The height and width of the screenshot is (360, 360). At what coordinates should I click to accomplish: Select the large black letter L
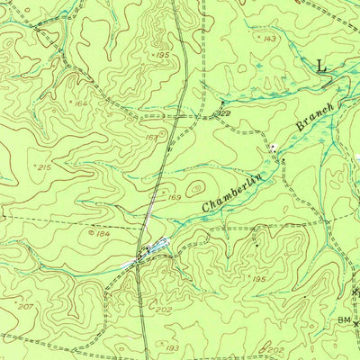pyautogui.click(x=324, y=64)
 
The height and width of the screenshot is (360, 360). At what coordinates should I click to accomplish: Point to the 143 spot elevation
pyautogui.click(x=268, y=40)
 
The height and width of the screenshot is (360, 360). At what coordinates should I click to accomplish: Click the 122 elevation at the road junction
pyautogui.click(x=222, y=113)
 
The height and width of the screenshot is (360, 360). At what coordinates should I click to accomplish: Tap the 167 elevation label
pyautogui.click(x=151, y=138)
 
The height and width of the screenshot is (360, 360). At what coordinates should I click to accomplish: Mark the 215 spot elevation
pyautogui.click(x=41, y=167)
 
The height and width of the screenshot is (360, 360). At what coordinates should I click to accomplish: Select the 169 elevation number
pyautogui.click(x=174, y=196)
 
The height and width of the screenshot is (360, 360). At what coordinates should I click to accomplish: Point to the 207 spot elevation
pyautogui.click(x=23, y=308)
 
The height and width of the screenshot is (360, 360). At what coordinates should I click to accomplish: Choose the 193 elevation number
pyautogui.click(x=173, y=346)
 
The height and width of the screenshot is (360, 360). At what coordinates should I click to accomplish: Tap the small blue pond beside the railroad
pyautogui.click(x=158, y=244)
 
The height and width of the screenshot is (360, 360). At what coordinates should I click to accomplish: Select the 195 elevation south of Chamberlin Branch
pyautogui.click(x=259, y=280)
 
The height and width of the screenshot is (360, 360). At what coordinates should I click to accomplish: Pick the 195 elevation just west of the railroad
pyautogui.click(x=162, y=56)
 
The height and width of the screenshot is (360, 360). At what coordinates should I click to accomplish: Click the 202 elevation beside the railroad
pyautogui.click(x=164, y=310)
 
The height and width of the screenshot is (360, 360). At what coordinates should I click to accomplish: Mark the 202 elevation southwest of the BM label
pyautogui.click(x=275, y=350)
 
